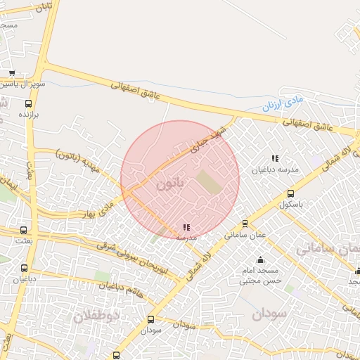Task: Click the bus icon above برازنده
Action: [29, 104]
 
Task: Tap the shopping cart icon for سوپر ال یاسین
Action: [12, 73]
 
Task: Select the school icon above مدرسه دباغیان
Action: [275, 159]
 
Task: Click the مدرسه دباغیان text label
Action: [275, 170]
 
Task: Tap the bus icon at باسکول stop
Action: [290, 193]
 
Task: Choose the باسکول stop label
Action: [290, 205]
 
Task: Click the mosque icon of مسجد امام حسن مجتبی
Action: [261, 259]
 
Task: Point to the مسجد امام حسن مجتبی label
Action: [262, 275]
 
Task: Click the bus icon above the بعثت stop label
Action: [24, 230]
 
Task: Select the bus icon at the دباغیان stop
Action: [25, 268]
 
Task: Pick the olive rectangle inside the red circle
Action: [208, 181]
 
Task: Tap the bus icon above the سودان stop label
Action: [150, 319]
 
